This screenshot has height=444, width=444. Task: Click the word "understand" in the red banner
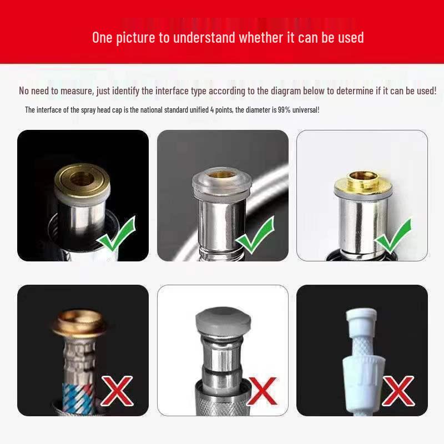pyautogui.click(x=205, y=38)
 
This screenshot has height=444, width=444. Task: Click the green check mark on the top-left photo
pyautogui.click(x=116, y=235)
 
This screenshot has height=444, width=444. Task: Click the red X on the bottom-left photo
pyautogui.click(x=116, y=390)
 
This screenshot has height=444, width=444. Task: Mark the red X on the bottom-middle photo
pyautogui.click(x=263, y=390)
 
